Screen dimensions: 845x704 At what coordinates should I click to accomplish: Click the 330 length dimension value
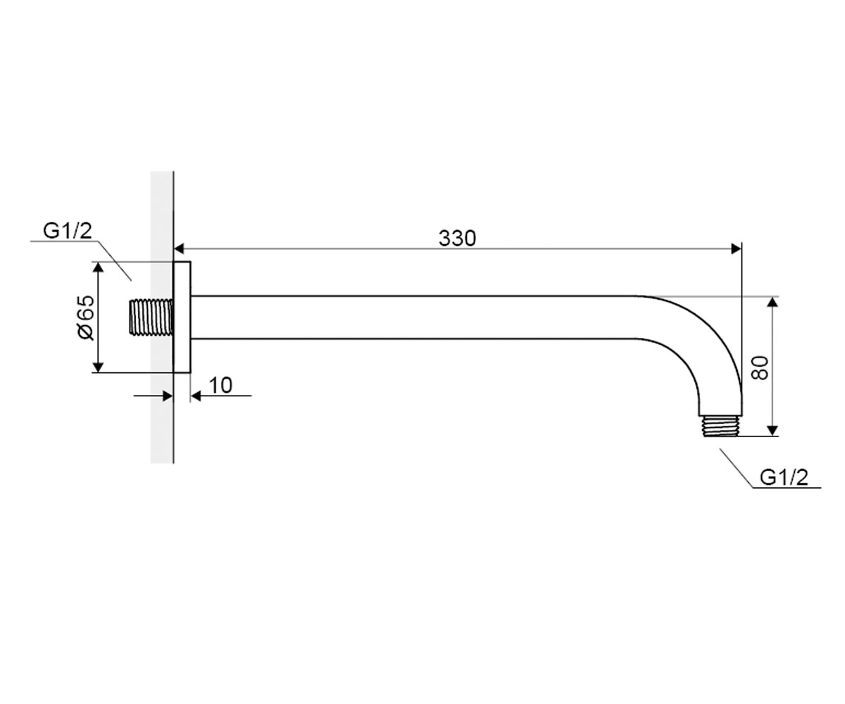tap(457, 239)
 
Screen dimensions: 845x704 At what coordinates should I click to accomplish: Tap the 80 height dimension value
tap(760, 367)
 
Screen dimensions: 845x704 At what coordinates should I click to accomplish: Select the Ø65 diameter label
tap(86, 317)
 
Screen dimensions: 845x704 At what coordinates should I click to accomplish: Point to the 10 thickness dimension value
tap(221, 385)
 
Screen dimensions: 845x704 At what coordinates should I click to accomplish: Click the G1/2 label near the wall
tap(68, 231)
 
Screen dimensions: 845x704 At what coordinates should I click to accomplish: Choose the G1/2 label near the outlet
tap(784, 477)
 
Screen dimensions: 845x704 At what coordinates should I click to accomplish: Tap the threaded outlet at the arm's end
tap(721, 426)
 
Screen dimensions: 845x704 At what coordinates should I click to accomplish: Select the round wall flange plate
tap(182, 317)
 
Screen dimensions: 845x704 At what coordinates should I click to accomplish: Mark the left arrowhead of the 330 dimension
tap(179, 249)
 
